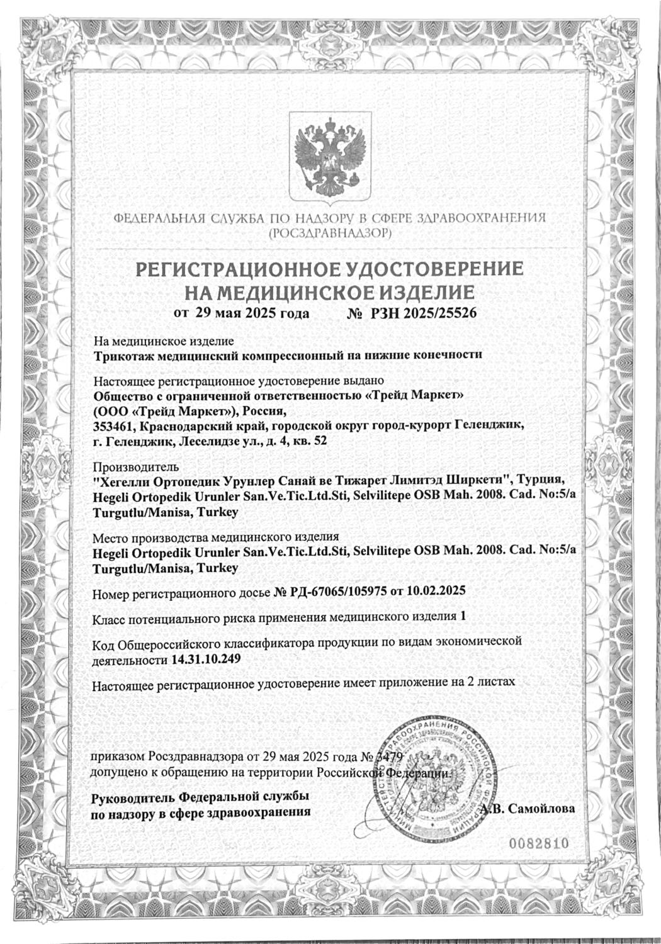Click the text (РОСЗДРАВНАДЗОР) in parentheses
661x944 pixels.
(x=330, y=233)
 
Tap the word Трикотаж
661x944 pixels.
(x=120, y=354)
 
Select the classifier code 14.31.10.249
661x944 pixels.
(x=205, y=659)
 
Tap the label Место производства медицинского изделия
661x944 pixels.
(x=216, y=537)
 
